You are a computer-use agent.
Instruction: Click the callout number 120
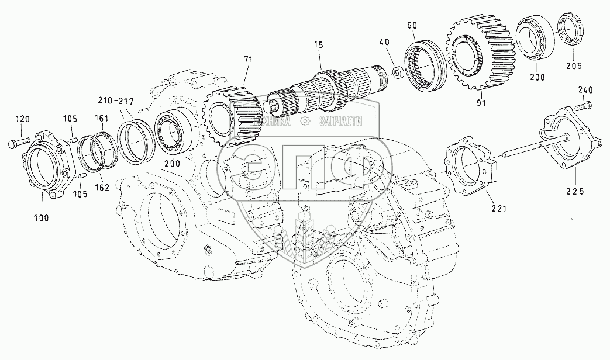[22, 119]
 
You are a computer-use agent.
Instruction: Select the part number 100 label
[40, 217]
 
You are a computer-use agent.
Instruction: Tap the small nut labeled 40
[397, 72]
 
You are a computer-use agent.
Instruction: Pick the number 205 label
[574, 65]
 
